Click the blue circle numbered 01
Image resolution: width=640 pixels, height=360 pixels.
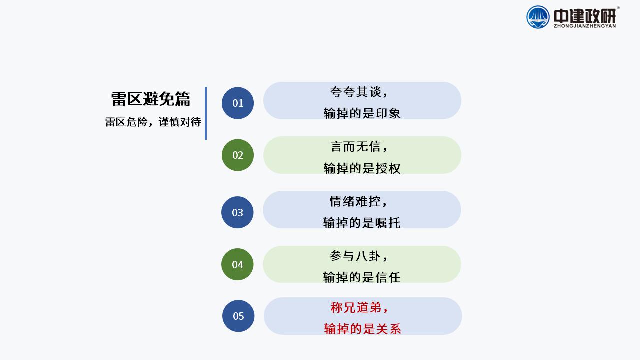(x=238, y=103)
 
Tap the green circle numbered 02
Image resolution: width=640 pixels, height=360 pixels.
(x=238, y=155)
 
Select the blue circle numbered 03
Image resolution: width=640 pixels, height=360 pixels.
(x=237, y=212)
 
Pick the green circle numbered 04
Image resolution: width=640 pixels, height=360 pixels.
(x=237, y=264)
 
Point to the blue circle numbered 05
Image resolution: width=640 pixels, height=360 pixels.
(x=238, y=316)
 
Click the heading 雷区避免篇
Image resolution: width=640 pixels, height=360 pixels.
(x=151, y=99)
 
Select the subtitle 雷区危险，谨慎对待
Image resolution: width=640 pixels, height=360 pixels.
(x=153, y=122)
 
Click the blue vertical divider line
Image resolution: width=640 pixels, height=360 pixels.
(x=206, y=113)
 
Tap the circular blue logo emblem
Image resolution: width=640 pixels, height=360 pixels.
(x=538, y=17)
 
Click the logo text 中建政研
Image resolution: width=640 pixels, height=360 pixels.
(x=585, y=16)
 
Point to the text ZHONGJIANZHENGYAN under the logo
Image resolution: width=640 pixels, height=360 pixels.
(x=585, y=26)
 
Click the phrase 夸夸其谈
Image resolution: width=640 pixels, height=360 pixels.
(x=355, y=92)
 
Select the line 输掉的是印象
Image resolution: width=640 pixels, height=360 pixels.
(x=362, y=113)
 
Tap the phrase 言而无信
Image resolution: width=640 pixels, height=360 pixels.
(x=355, y=147)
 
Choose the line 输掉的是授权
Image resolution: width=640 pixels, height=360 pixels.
(x=362, y=168)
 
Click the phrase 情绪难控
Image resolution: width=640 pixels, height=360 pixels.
(x=355, y=201)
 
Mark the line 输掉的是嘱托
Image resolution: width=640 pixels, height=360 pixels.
(x=362, y=223)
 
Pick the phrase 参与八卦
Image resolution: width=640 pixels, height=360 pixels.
(x=355, y=256)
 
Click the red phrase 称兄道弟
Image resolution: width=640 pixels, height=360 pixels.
(x=356, y=307)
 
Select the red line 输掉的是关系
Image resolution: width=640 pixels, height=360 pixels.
(x=363, y=329)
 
